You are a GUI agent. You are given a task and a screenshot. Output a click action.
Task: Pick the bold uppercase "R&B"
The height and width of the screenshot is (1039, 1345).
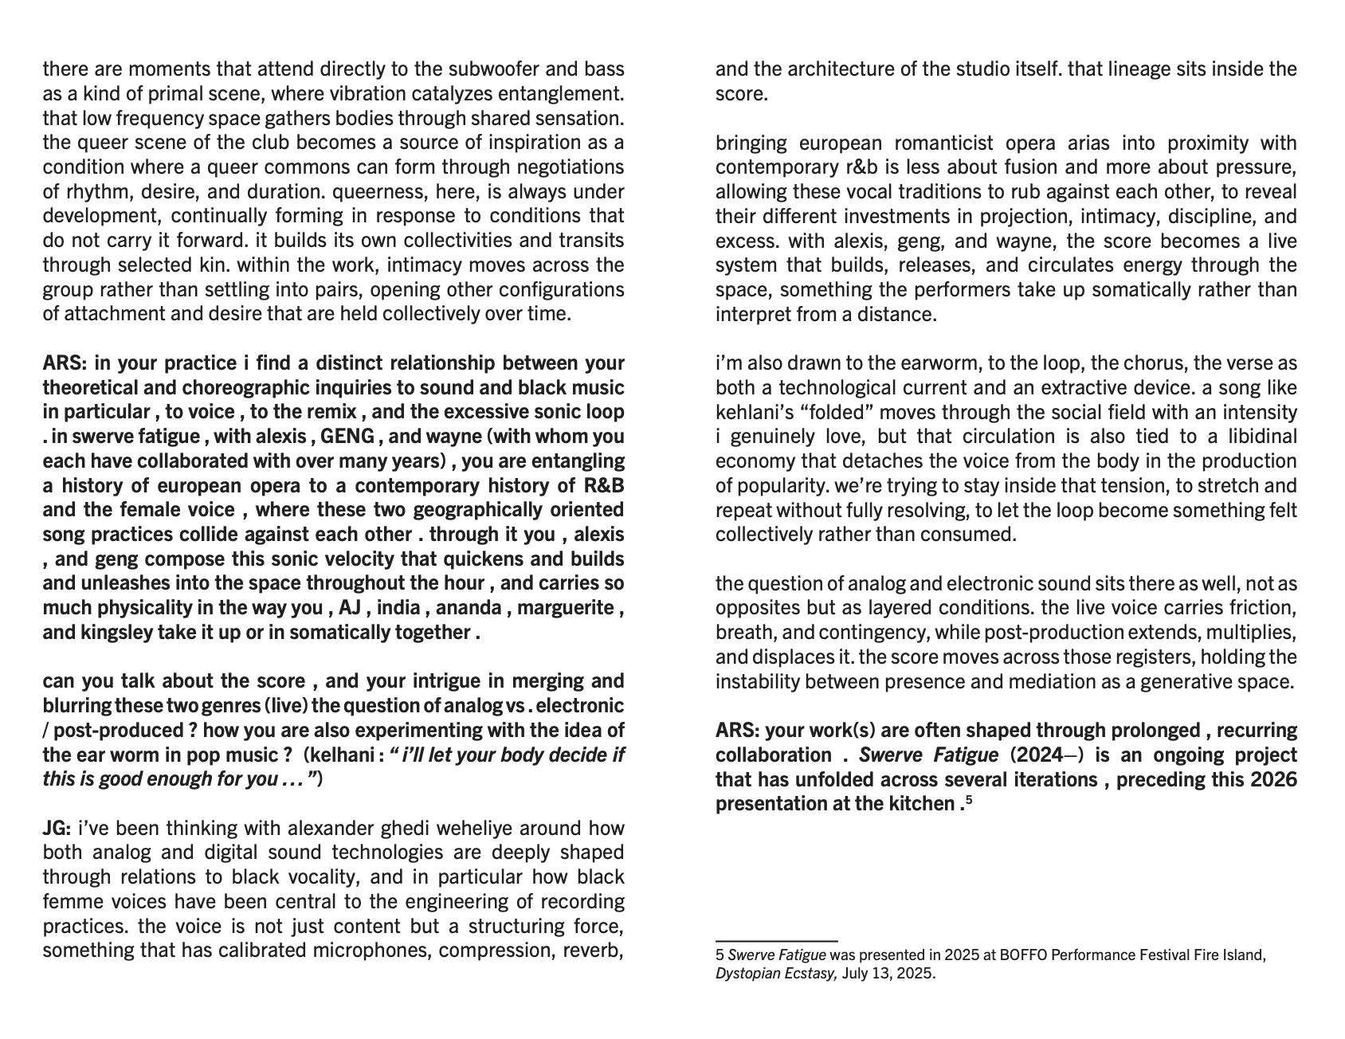603,485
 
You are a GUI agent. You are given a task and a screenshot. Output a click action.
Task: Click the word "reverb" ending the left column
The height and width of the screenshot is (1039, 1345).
592,951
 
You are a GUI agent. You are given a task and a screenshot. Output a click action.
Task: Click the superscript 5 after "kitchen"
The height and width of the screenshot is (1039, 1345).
969,799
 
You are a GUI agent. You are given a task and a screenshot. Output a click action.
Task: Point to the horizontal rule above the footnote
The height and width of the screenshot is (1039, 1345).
776,941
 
